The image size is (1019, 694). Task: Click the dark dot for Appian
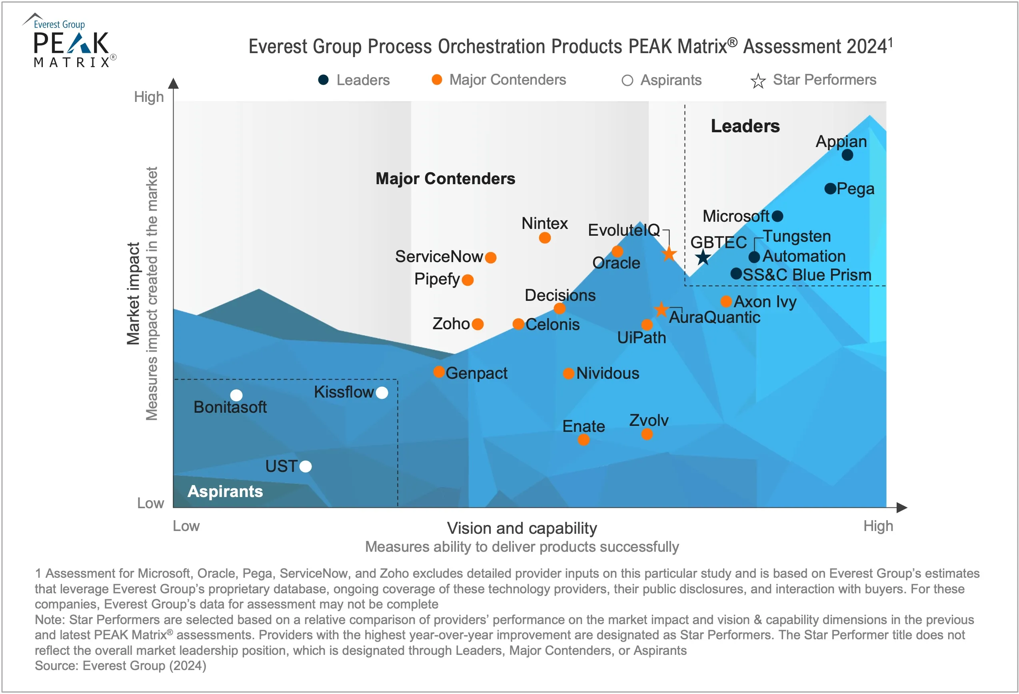(847, 155)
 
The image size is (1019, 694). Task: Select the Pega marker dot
(830, 189)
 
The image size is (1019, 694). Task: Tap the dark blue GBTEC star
(703, 257)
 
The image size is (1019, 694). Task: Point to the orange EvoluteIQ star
(669, 254)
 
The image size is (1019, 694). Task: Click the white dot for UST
(306, 467)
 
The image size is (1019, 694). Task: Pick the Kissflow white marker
(382, 393)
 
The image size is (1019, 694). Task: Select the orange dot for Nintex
(545, 238)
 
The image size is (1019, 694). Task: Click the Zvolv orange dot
(647, 434)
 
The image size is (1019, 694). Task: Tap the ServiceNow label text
(438, 257)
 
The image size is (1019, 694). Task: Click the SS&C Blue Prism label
(807, 275)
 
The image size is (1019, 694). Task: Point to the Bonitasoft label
(230, 407)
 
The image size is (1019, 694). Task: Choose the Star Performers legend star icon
(758, 81)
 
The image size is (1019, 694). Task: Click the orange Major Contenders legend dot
(437, 80)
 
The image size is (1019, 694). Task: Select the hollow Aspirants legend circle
(627, 81)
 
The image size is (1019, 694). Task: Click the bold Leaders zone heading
(745, 126)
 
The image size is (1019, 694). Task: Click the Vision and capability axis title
(522, 528)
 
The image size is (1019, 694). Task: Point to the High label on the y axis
(149, 97)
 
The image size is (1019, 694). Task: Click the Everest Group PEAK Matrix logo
(70, 42)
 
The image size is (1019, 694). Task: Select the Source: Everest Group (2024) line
(121, 666)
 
